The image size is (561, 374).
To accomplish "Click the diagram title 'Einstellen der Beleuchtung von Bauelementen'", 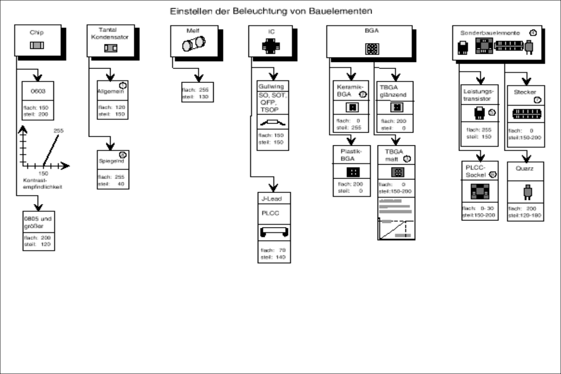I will click(271, 11).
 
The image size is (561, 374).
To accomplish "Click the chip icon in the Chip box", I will click(37, 45).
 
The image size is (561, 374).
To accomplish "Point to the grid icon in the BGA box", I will click(372, 49).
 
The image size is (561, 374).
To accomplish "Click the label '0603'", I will click(38, 91).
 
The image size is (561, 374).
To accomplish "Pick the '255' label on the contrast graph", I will click(58, 131).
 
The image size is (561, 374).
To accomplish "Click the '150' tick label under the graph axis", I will click(43, 174).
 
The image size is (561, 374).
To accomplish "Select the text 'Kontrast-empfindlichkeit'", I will click(42, 184).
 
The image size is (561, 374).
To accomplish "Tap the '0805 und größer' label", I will click(38, 222).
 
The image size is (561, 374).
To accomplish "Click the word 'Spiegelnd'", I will click(111, 161).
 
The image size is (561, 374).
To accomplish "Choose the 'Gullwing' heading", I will click(271, 87).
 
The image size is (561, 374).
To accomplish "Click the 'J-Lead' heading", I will click(271, 199).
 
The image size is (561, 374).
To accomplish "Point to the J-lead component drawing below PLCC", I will click(274, 232).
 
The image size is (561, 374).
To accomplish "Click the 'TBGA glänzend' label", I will click(393, 91).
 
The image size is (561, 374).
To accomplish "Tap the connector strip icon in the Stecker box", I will click(526, 114).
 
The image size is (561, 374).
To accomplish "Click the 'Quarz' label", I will click(524, 169).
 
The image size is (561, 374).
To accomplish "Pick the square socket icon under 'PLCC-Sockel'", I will click(480, 191).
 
